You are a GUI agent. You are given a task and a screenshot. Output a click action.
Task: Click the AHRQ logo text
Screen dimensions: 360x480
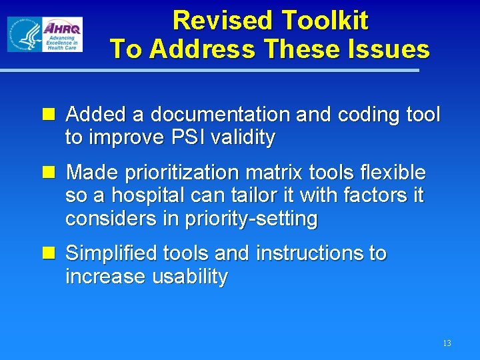point(62,28)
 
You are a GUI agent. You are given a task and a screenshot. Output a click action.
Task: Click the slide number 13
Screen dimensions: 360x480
point(447,343)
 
